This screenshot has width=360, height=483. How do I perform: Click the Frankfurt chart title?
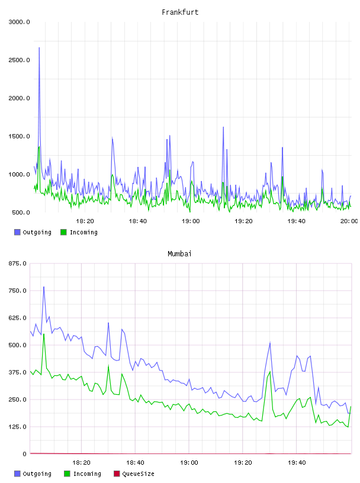coord(180,12)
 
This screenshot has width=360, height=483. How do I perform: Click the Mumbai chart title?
coord(179,254)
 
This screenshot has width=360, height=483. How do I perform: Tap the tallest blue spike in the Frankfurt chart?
coord(39,48)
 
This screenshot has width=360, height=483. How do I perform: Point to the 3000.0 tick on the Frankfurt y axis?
coord(19,22)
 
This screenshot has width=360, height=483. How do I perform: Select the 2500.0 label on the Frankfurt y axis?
coord(19,60)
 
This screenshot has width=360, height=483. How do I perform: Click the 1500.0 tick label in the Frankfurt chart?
coord(19,137)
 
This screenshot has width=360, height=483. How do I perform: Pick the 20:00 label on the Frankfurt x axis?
coord(349,221)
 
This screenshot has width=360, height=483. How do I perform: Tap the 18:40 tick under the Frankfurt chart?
coord(137,221)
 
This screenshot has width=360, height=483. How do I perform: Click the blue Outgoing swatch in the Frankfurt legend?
coord(17,232)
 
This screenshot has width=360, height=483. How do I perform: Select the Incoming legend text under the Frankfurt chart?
coord(83,233)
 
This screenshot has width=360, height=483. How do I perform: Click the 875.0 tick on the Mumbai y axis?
coord(17,263)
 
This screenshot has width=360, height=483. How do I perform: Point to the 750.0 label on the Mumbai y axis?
coord(17,291)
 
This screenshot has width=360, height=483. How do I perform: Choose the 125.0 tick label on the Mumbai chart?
coord(17,427)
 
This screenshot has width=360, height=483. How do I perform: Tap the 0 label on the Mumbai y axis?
coord(25,454)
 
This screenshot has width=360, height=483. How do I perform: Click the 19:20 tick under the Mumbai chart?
coord(243,463)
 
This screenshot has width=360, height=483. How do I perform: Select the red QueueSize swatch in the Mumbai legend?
coord(117,474)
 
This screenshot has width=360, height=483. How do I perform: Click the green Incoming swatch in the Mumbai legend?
coord(67,474)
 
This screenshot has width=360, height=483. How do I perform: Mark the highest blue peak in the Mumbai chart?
coord(44,287)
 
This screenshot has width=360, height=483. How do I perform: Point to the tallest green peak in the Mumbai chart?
coord(44,334)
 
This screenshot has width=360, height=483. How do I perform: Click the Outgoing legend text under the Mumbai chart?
coord(37,474)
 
